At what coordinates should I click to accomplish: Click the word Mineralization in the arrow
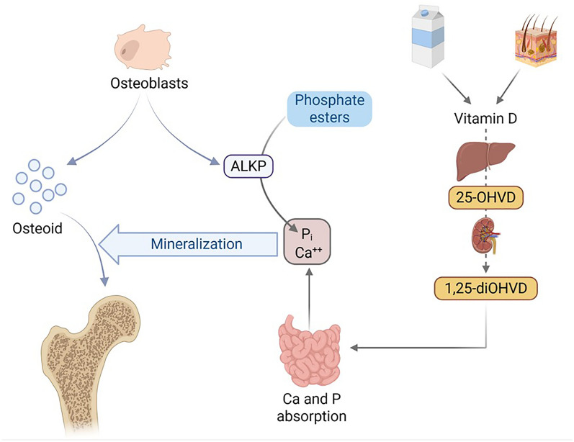(196, 244)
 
